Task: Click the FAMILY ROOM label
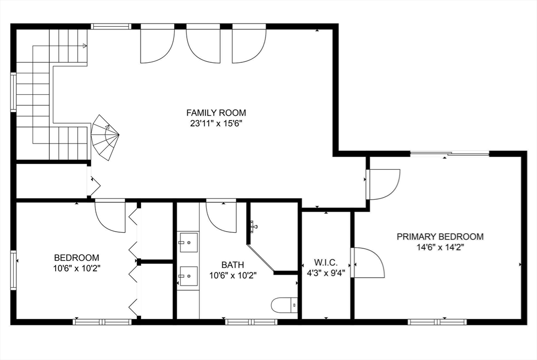click(x=216, y=113)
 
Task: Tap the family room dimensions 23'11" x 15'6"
click(x=216, y=124)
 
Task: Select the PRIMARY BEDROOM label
click(x=439, y=237)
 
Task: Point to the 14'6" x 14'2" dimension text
click(x=439, y=247)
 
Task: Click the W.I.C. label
click(x=326, y=262)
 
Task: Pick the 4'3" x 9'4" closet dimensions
click(x=326, y=272)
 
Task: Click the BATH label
click(x=232, y=265)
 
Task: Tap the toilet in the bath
click(x=285, y=304)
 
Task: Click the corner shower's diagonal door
click(x=261, y=258)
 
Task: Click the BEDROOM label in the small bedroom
click(x=77, y=258)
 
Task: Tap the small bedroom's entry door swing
click(x=109, y=216)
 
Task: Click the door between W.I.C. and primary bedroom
click(x=369, y=263)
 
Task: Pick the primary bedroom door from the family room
click(x=383, y=184)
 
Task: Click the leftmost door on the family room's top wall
click(x=157, y=45)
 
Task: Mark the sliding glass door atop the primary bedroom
click(x=449, y=154)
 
